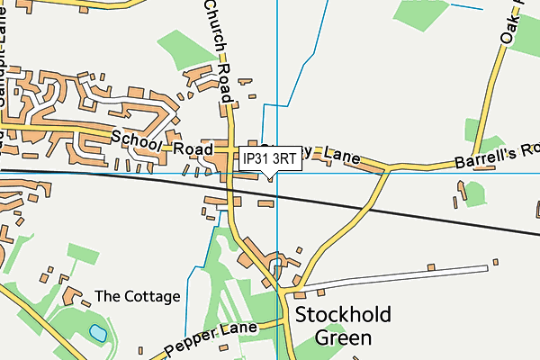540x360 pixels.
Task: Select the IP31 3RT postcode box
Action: coord(270,158)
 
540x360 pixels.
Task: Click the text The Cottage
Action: coord(138,296)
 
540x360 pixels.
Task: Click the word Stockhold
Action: coord(341,316)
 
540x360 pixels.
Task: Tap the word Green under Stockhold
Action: coord(343,338)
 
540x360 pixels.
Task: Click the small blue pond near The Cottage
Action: coord(97,334)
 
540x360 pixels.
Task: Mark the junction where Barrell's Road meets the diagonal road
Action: coord(388,168)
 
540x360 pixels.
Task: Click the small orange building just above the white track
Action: coord(431,266)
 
